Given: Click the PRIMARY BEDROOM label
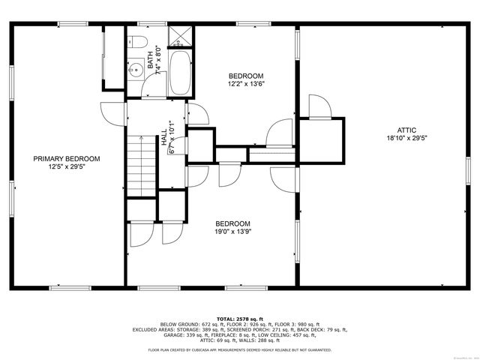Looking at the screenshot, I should point(67,158).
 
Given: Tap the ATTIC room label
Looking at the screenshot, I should point(406,130).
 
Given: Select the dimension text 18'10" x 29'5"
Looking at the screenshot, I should point(406,139).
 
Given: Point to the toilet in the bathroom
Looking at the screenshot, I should point(136,43).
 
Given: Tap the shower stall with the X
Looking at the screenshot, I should point(181,37).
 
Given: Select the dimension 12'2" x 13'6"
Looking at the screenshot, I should point(246,85).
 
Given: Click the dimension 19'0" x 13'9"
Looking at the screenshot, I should point(232,232).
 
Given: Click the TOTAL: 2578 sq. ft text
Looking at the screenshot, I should point(239,319).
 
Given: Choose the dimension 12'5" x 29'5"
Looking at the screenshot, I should point(67,167).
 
